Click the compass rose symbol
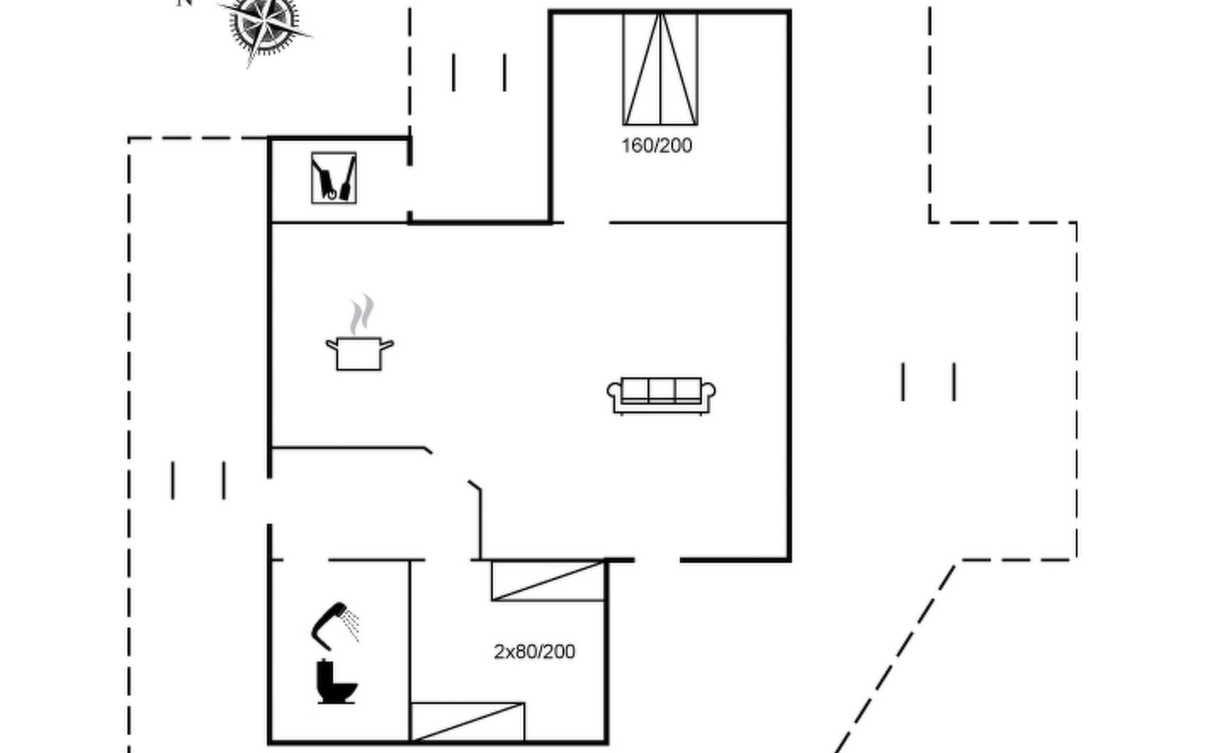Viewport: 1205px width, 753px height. pos(264,25)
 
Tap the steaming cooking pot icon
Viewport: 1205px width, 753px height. pos(359,353)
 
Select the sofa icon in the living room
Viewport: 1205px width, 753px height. pos(661,395)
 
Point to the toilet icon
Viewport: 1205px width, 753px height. pos(336,682)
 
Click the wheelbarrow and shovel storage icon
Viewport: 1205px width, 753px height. pos(334,178)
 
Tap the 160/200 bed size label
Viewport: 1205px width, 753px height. pos(656,146)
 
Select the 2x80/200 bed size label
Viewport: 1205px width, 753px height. pos(534,652)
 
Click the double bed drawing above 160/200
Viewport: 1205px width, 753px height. pos(660,69)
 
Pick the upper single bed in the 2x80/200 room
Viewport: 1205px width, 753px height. pos(547,581)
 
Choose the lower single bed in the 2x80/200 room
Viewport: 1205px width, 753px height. pos(467,722)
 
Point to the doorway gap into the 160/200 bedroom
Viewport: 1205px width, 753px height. pos(586,222)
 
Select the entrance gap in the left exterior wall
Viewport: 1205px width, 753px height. pos(269,501)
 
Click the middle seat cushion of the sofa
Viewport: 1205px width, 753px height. pos(661,390)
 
